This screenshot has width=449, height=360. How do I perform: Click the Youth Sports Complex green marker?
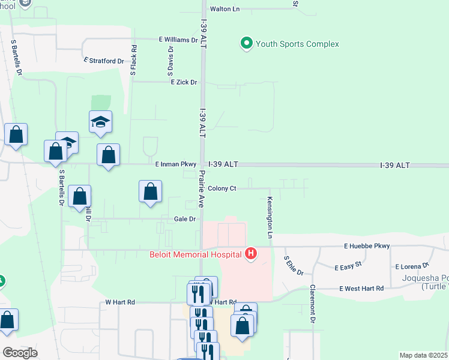tap(246, 44)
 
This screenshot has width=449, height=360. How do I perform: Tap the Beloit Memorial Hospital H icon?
tap(251, 254)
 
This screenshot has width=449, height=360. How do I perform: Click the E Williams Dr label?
tap(178, 40)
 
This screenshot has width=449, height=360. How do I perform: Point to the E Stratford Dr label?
tap(104, 61)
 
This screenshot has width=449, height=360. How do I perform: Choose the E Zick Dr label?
tap(184, 82)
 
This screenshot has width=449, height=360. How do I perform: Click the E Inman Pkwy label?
tap(175, 164)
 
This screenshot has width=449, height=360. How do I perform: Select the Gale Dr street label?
tap(185, 219)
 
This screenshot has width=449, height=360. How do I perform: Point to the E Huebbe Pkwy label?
tap(367, 246)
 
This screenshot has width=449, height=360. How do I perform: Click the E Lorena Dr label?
tap(412, 265)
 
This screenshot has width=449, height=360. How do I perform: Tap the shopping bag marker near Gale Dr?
tap(150, 192)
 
